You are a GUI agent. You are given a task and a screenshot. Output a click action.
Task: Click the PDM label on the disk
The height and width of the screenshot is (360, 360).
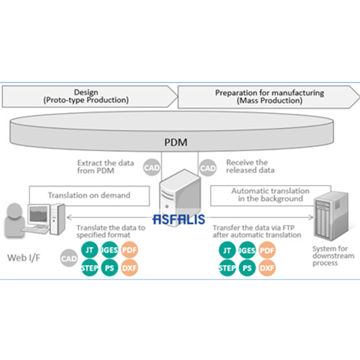click(x=176, y=142)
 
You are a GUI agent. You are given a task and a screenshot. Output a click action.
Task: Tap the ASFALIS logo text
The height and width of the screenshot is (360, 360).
click(x=179, y=219)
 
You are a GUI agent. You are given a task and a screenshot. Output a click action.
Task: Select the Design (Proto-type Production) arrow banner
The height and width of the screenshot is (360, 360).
click(x=89, y=96)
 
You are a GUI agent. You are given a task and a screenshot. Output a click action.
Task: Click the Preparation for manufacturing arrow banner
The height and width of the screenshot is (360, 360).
click(x=269, y=97)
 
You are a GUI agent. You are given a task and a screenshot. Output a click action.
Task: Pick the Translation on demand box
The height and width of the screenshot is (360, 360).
click(x=89, y=196)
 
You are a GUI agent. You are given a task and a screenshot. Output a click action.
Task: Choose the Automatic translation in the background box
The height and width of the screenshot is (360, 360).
click(x=271, y=195)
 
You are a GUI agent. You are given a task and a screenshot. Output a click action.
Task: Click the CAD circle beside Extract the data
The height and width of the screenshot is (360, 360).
click(x=152, y=167)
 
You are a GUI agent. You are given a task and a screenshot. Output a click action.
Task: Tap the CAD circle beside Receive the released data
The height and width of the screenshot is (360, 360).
click(x=208, y=168)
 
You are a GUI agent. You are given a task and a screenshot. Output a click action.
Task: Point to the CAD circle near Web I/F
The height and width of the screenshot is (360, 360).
click(x=69, y=258)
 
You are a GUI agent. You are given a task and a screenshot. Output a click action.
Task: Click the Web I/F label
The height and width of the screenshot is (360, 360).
click(x=24, y=258)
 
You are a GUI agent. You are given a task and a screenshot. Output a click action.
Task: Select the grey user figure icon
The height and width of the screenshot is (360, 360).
click(x=14, y=220)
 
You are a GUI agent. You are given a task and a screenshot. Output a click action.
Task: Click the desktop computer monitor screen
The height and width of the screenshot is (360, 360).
click(x=38, y=214)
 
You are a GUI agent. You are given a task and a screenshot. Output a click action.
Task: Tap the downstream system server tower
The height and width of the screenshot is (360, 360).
click(x=331, y=215)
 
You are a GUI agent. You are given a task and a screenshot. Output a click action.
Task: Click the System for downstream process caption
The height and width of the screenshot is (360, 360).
click(x=333, y=256)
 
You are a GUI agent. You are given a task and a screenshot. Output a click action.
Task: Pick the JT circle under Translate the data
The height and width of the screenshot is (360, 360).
click(x=89, y=250)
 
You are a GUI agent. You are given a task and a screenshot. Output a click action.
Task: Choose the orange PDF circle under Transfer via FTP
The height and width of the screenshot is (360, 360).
click(x=267, y=251)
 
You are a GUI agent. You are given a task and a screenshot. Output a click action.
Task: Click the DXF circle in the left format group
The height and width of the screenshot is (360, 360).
click(x=130, y=268)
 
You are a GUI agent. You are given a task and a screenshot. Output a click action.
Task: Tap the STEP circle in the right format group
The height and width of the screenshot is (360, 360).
click(x=227, y=268)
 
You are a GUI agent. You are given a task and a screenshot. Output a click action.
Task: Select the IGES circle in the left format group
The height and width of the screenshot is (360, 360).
click(x=109, y=250)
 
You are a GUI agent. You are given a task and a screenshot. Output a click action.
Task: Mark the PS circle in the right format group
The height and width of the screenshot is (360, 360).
click(x=247, y=268)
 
